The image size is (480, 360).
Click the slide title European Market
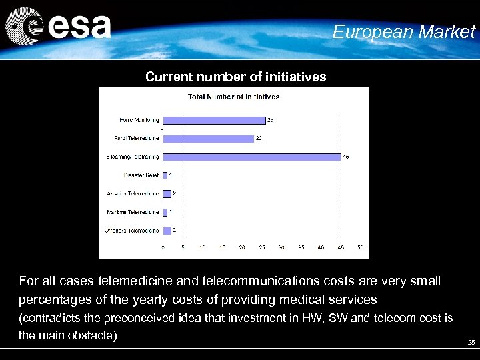point(404,31)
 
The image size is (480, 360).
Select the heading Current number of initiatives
point(235,77)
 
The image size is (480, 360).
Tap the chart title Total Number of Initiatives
point(233,97)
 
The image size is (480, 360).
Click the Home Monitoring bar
point(214,120)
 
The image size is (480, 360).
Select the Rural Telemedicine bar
point(208,139)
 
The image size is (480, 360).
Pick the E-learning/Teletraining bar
point(252,157)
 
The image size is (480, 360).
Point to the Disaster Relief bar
point(165,175)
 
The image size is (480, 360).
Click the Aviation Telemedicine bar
point(167,194)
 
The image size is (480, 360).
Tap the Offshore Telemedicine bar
point(167,231)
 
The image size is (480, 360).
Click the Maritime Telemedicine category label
point(133,213)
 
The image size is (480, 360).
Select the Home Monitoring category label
point(139,120)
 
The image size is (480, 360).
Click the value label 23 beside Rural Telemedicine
point(259,139)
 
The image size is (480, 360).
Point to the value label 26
point(271,120)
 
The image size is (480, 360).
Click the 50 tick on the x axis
point(361,247)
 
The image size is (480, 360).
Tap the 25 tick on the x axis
point(261,247)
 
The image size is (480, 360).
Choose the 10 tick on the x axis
point(202,247)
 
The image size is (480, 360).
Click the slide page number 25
point(471,343)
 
